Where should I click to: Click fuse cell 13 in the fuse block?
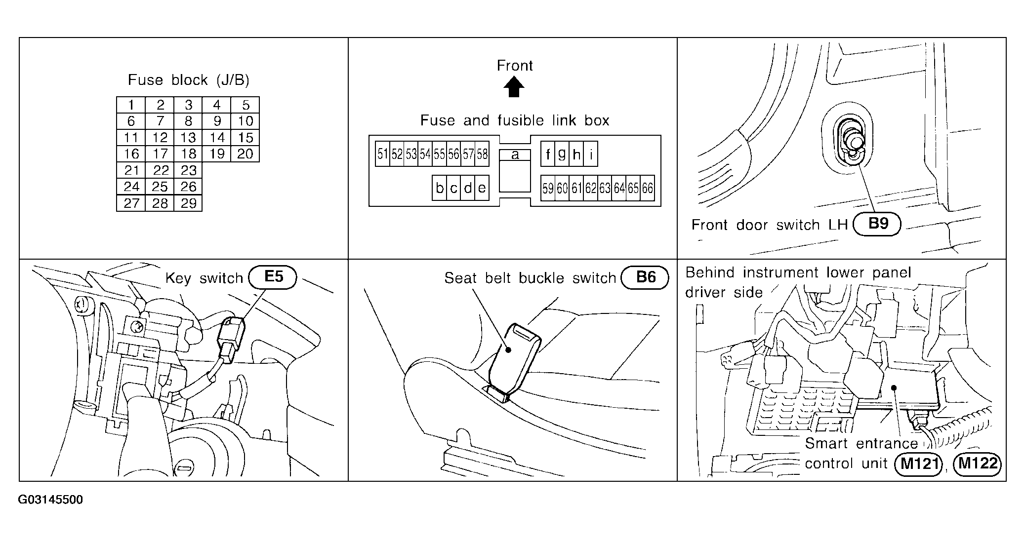(x=188, y=138)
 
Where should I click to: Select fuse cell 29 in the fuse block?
(x=188, y=203)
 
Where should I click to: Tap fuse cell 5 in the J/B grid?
(x=246, y=105)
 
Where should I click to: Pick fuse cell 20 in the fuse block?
(x=246, y=154)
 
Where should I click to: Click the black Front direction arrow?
(x=514, y=88)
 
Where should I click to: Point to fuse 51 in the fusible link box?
(x=382, y=154)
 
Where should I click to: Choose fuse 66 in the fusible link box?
(x=648, y=188)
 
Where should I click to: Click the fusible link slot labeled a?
(x=515, y=155)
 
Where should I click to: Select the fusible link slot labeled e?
(x=482, y=188)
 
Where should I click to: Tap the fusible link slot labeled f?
(x=548, y=155)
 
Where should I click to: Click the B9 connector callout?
(x=878, y=224)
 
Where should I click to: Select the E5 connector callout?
(x=273, y=277)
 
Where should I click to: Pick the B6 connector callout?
(x=645, y=277)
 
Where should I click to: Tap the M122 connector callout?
(x=978, y=464)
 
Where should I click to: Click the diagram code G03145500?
(x=50, y=500)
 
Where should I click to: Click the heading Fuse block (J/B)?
(x=188, y=80)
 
